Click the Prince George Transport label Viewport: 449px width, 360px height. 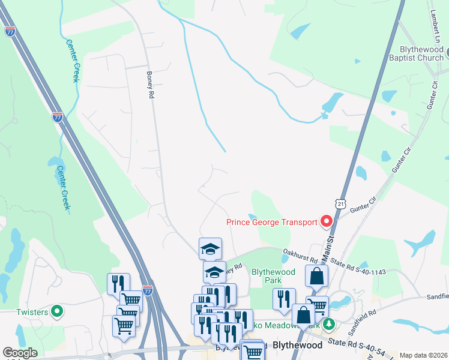(x=271, y=222)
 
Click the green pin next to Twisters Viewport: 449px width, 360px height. (x=57, y=311)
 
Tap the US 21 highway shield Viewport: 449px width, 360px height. (x=341, y=205)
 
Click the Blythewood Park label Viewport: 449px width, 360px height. (x=273, y=276)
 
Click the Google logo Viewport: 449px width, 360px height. (x=20, y=353)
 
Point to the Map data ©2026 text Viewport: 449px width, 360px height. (x=423, y=355)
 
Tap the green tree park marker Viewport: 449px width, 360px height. (x=328, y=325)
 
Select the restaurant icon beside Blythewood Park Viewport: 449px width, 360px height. (x=284, y=298)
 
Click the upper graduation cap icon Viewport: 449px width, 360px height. (x=211, y=248)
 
